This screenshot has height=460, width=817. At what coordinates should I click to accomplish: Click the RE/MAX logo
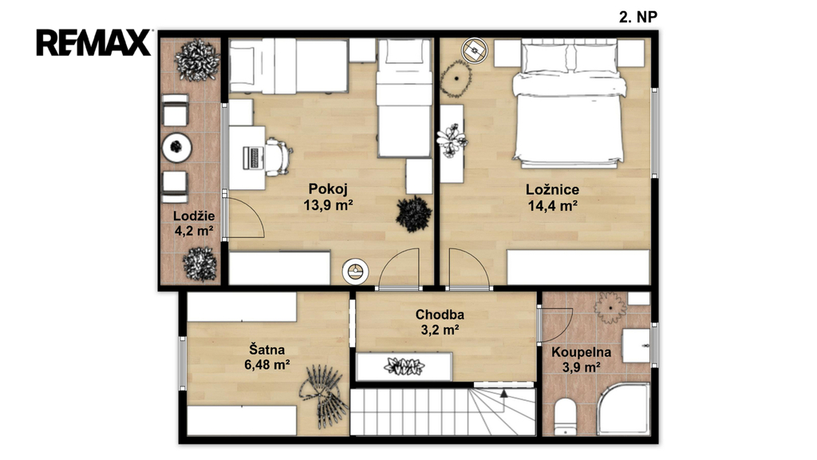pos(94,42)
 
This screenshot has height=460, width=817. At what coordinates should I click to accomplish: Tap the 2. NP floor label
pos(637,18)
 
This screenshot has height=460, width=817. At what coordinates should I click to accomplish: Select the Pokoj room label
pos(328,188)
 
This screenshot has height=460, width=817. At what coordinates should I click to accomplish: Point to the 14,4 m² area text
pos(552,206)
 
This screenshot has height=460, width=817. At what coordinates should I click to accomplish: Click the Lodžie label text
pos(194,216)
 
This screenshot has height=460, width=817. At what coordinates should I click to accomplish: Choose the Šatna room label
pos(266,349)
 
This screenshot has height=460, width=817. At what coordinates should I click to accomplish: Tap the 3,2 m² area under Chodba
pos(440,330)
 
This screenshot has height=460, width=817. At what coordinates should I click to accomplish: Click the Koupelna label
pos(581,352)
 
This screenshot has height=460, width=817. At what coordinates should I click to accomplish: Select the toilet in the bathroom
pos(565,417)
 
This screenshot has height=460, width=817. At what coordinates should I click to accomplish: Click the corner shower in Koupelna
pos(623,409)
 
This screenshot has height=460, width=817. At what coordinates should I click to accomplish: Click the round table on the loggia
pos(176,148)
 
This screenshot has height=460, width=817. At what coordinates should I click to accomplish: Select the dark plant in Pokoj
pos(414,214)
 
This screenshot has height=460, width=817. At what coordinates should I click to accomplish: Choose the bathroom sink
pos(637,345)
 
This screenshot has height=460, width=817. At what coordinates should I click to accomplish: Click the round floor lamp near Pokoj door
pos(355,272)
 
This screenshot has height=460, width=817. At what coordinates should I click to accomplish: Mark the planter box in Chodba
pos(405,367)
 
